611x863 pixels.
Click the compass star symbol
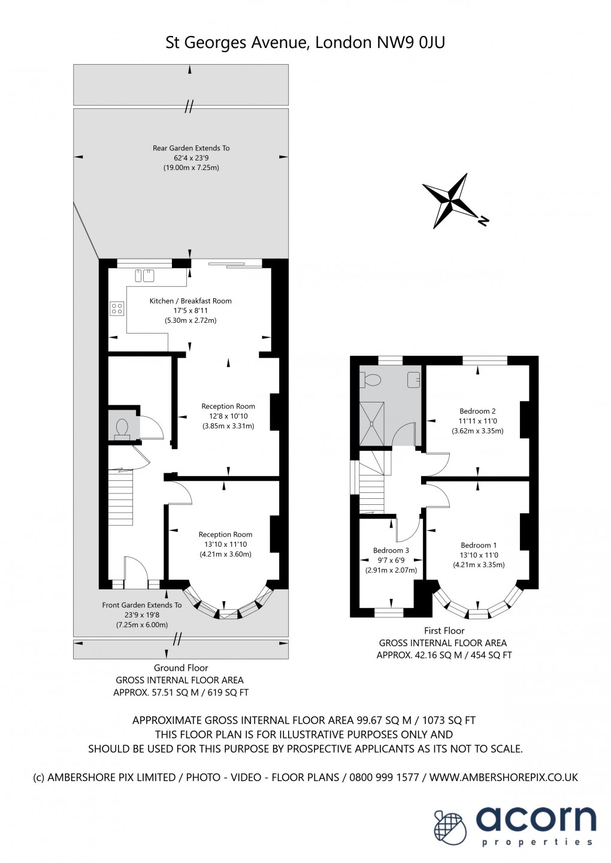coord(450,200)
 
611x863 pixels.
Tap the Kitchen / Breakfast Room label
coord(190,301)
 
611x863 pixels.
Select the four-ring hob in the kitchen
coord(117,308)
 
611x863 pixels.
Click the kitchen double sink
coord(144,275)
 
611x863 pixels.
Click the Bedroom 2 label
coord(477,411)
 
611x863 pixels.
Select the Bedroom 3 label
coord(391,550)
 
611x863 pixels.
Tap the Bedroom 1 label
coord(479,545)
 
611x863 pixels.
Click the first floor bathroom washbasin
coord(414,380)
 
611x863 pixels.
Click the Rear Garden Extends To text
coord(191,148)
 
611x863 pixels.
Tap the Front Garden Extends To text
coord(142,605)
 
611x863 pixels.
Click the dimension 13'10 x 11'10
coord(225,544)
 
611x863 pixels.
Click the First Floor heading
coord(444,631)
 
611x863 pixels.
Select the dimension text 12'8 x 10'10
coord(228,416)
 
